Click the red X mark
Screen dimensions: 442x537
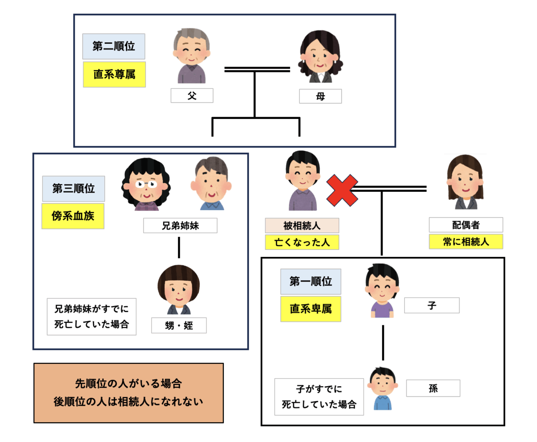tap(342, 190)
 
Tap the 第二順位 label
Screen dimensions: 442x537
tap(114, 46)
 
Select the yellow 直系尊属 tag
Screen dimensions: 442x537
tap(114, 74)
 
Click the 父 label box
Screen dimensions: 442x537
tap(192, 96)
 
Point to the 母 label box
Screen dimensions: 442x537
tap(320, 96)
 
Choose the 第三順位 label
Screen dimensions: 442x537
tap(73, 189)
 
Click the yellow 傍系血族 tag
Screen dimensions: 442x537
tap(73, 216)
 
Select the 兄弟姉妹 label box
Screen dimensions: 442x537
tap(180, 226)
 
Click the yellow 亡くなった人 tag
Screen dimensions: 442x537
tap(302, 242)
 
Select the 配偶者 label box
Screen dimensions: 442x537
tap(465, 225)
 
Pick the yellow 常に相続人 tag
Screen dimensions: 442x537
tap(465, 241)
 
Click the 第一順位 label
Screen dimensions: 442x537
tap(311, 282)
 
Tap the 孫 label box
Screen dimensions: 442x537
tap(433, 388)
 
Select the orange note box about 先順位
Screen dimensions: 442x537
tap(128, 392)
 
